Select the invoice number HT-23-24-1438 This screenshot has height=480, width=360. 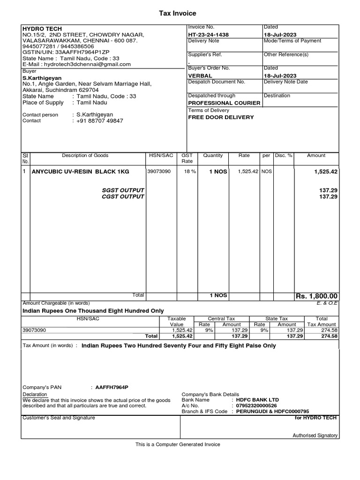point(209,35)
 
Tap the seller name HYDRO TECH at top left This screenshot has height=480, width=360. point(42,29)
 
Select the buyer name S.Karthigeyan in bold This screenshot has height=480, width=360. point(42,78)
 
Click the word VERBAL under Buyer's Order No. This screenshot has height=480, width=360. point(200,75)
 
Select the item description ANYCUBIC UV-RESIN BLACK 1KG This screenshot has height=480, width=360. point(80,172)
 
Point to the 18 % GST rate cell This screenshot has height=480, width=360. point(190,172)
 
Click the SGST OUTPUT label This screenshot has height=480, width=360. point(123,190)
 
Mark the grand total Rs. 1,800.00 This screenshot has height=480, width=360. point(316,296)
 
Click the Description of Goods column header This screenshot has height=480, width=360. point(85,155)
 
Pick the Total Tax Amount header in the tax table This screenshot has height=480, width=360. point(322,321)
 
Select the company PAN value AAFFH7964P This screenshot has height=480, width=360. point(112,388)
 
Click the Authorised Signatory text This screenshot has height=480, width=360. point(315,435)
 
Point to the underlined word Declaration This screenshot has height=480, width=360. point(35,395)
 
